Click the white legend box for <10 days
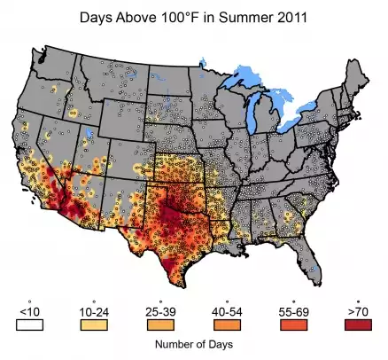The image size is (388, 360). (x=29, y=325)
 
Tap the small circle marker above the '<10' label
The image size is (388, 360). (x=29, y=301)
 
